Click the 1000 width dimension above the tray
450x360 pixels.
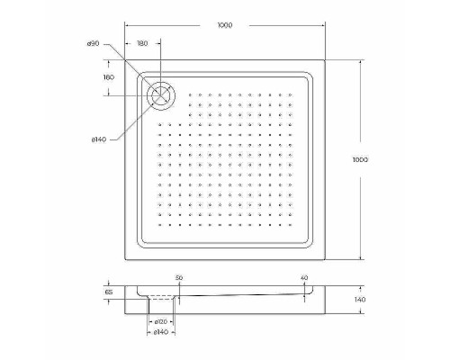(x=224, y=25)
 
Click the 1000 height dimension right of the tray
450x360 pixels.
(x=360, y=159)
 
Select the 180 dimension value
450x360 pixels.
(x=143, y=43)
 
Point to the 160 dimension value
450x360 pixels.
(x=109, y=77)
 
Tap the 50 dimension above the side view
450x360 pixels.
(x=179, y=279)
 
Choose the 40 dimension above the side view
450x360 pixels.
(x=304, y=279)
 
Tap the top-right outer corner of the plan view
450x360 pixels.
(x=326, y=61)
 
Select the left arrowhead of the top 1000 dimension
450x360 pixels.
(x=125, y=25)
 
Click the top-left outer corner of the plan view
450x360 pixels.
(x=123, y=61)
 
